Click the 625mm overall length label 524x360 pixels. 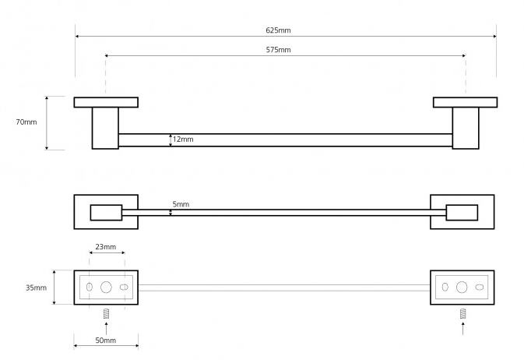pyautogui.click(x=278, y=30)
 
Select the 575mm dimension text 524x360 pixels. pyautogui.click(x=278, y=50)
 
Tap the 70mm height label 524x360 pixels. pyautogui.click(x=26, y=122)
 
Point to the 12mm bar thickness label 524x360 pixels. pyautogui.click(x=183, y=139)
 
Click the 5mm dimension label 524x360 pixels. pyautogui.click(x=181, y=204)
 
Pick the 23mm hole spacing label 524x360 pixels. pyautogui.click(x=105, y=247)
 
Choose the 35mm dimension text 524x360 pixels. pyautogui.click(x=36, y=288)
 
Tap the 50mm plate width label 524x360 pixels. pyautogui.click(x=105, y=341)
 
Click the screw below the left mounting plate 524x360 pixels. pyautogui.click(x=106, y=313)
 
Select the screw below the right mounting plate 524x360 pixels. pyautogui.click(x=462, y=313)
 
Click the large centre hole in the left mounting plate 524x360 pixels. pyautogui.click(x=106, y=287)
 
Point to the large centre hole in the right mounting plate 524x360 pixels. pyautogui.click(x=462, y=287)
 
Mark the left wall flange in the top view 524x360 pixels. pyautogui.click(x=106, y=102)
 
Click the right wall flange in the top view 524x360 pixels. pyautogui.click(x=465, y=102)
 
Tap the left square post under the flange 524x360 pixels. pyautogui.click(x=105, y=127)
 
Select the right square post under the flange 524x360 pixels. pyautogui.click(x=466, y=127)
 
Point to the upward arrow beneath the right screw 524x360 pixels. pyautogui.click(x=462, y=327)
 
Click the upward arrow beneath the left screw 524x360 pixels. pyautogui.click(x=106, y=327)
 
